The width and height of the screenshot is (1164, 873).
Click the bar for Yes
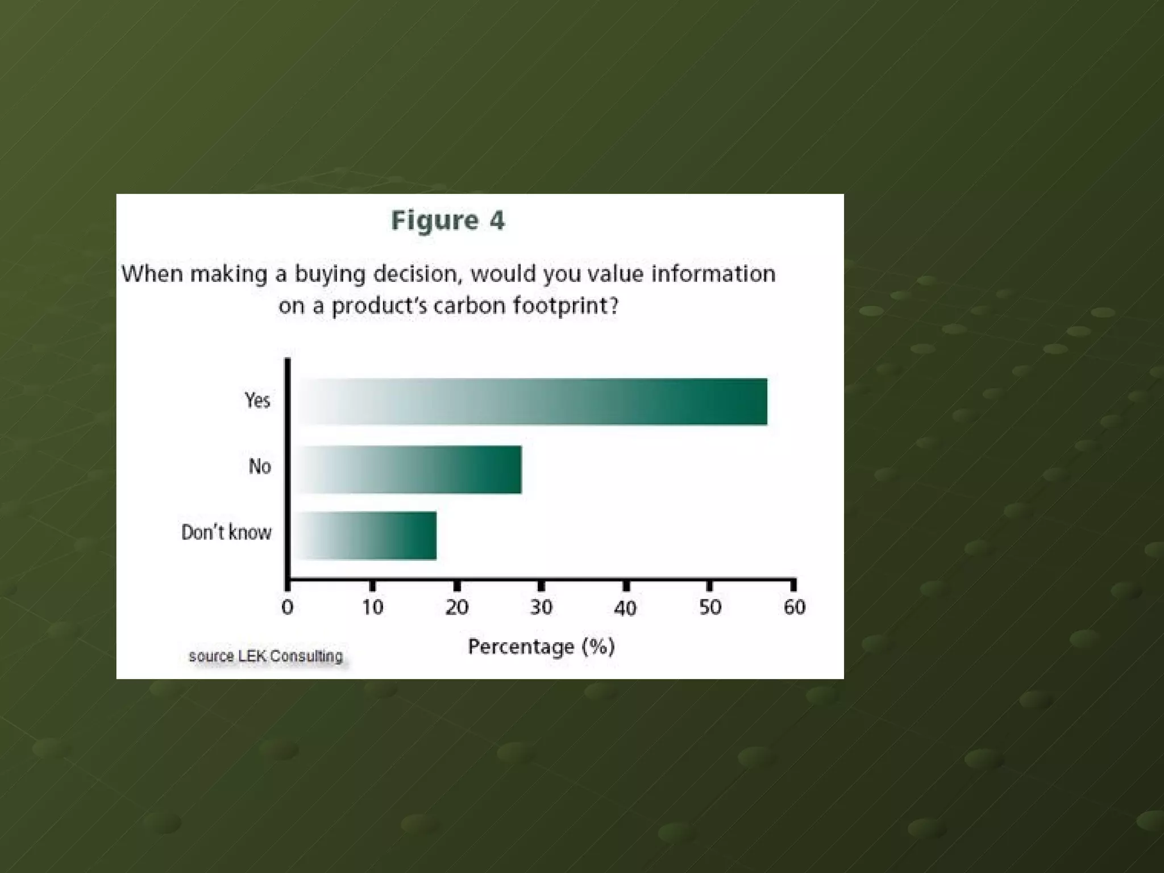pyautogui.click(x=533, y=402)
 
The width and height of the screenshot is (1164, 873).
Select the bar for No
pyautogui.click(x=410, y=469)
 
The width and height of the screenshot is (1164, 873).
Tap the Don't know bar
pyautogui.click(x=367, y=535)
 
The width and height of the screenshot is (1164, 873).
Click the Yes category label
pyautogui.click(x=257, y=401)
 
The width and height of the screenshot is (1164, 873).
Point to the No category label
pyautogui.click(x=260, y=467)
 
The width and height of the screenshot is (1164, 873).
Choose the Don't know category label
pyautogui.click(x=226, y=533)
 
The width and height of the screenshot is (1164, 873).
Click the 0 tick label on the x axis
pyautogui.click(x=288, y=608)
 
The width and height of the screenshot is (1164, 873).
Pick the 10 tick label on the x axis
pyautogui.click(x=372, y=608)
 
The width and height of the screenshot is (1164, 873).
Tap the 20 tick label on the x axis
pyautogui.click(x=457, y=608)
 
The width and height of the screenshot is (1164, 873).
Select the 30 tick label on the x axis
pyautogui.click(x=541, y=608)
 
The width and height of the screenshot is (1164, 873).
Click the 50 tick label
pyautogui.click(x=710, y=608)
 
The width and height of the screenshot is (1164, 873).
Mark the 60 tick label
pyautogui.click(x=795, y=608)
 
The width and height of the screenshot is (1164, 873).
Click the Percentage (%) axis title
pyautogui.click(x=541, y=647)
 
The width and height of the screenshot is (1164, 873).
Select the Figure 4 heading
pyautogui.click(x=448, y=221)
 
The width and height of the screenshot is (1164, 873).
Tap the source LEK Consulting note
pyautogui.click(x=265, y=656)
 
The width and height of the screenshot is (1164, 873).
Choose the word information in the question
pyautogui.click(x=713, y=274)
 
